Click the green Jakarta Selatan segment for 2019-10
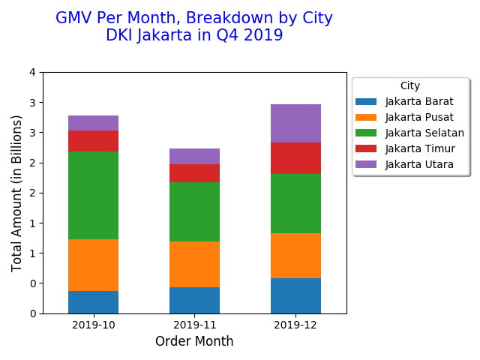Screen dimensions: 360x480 (x=93, y=195)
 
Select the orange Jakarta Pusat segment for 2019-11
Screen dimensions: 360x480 (x=194, y=264)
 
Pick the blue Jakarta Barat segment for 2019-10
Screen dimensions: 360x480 (x=93, y=301)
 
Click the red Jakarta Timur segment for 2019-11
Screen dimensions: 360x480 (x=194, y=173)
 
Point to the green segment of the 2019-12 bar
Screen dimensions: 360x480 (x=295, y=203)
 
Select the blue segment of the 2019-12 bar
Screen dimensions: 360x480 (x=295, y=295)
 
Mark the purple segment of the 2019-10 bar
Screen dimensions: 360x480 (x=93, y=123)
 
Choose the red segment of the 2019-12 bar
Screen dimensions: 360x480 (x=295, y=158)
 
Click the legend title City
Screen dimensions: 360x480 (x=410, y=85)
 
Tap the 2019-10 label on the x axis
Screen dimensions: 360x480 (x=93, y=325)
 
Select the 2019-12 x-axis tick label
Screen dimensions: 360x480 (x=295, y=325)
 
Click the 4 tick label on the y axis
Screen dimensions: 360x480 (x=32, y=72)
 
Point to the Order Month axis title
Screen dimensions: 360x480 (x=194, y=342)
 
